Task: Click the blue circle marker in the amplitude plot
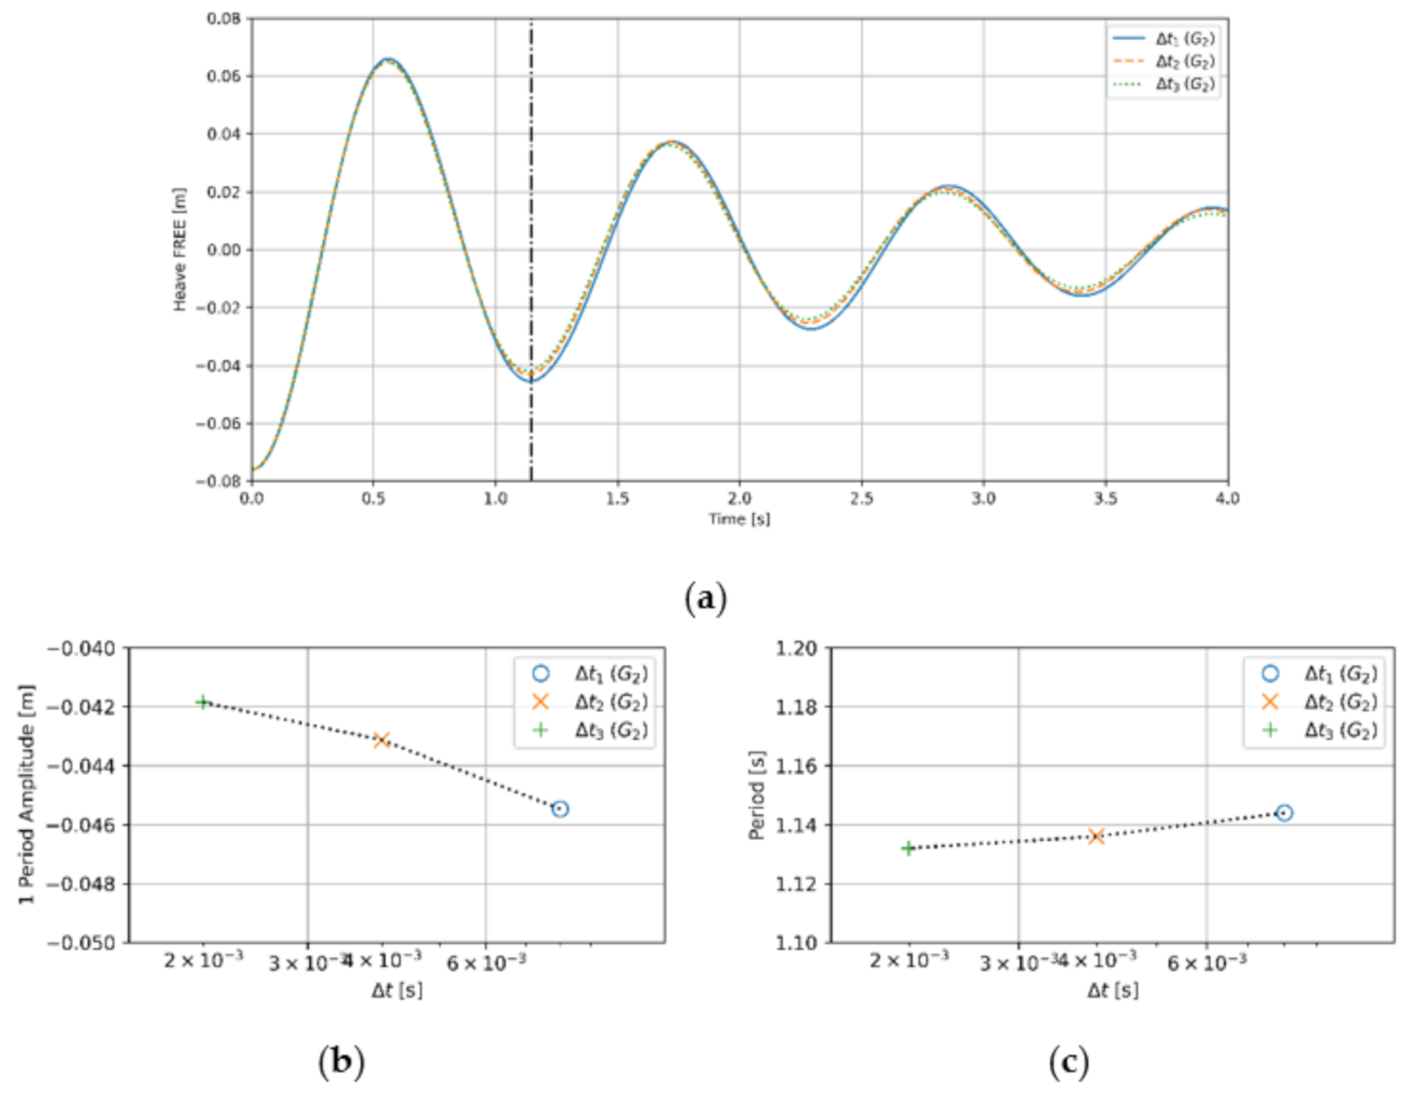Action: (x=560, y=809)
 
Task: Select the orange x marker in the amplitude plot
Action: (x=381, y=739)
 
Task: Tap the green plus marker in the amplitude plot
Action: (x=202, y=702)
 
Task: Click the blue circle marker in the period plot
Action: (x=1284, y=813)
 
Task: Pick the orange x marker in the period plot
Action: (x=1096, y=836)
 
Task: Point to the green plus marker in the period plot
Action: (x=908, y=848)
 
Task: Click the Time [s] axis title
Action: (x=739, y=519)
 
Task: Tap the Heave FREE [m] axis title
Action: (x=180, y=250)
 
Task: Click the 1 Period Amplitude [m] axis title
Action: (x=27, y=794)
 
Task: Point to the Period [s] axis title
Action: (x=756, y=794)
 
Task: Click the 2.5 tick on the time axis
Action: (x=861, y=498)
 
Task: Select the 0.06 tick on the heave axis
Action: (x=224, y=77)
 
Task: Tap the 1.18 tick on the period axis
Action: (x=796, y=706)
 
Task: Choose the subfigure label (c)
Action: (x=1068, y=1062)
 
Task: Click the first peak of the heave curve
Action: (x=387, y=60)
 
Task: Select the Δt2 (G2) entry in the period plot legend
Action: (x=1339, y=702)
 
